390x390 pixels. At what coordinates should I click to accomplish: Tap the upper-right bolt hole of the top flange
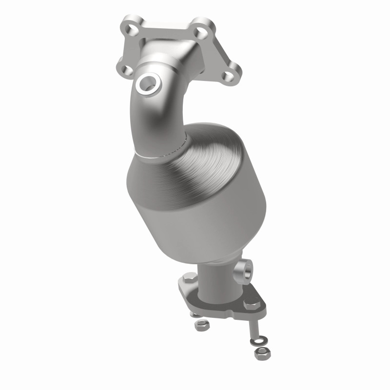point(198,33)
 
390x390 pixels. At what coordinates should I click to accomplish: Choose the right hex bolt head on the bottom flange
point(251,306)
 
